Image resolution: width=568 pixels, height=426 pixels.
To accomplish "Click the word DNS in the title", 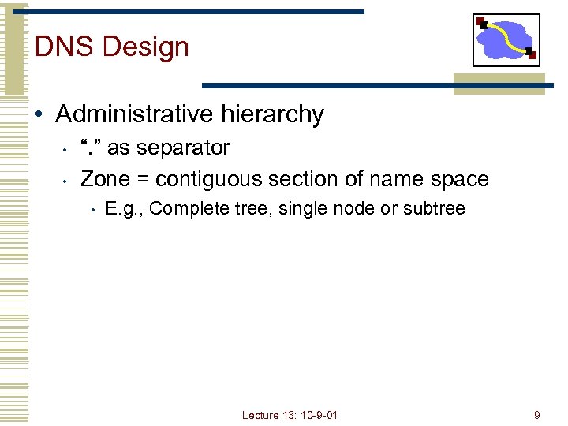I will pyautogui.click(x=64, y=47).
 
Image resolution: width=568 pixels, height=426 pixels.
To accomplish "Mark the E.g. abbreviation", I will pyautogui.click(x=125, y=209).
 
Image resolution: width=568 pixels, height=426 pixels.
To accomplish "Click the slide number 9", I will pyautogui.click(x=536, y=414).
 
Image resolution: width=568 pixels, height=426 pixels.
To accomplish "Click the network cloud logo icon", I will pyautogui.click(x=506, y=39).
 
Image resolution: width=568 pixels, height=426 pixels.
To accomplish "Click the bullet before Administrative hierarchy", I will pyautogui.click(x=39, y=115).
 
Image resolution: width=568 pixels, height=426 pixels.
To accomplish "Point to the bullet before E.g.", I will pyautogui.click(x=93, y=210).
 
